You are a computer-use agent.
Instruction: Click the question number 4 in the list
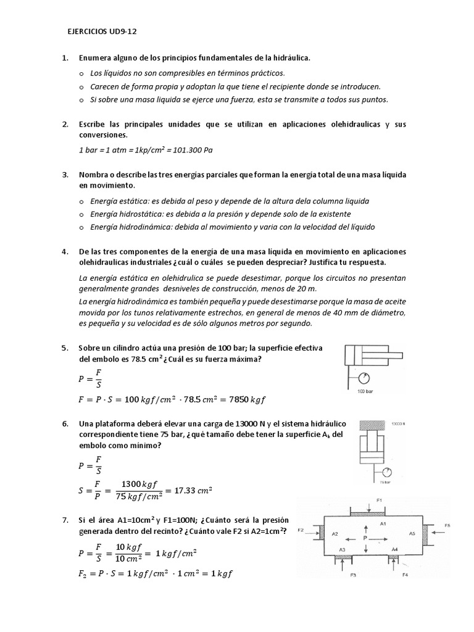coord(65,252)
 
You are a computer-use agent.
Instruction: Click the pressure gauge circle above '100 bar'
coord(366,377)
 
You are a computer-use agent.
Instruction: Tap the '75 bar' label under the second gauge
coord(386,483)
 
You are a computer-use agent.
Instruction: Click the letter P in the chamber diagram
coord(365,538)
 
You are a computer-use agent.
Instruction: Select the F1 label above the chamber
coord(379,501)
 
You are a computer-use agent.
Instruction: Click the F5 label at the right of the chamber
coord(447,525)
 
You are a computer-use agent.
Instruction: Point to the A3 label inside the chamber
coord(343,548)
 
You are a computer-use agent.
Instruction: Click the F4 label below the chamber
coord(405,575)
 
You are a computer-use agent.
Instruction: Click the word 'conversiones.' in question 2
coord(103,135)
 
